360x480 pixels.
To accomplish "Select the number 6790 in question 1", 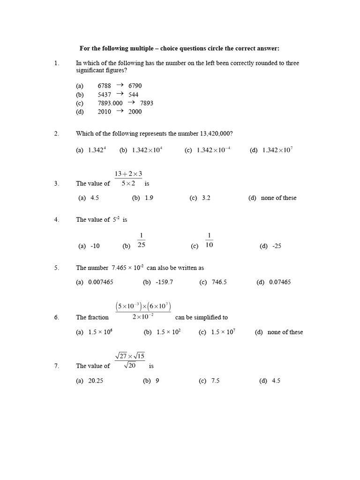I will point(135,86).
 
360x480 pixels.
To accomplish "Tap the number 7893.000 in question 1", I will point(110,103).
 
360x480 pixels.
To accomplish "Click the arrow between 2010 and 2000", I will point(120,111).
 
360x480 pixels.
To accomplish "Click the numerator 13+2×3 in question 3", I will point(128,174).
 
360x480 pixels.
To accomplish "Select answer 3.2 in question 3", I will point(206,198).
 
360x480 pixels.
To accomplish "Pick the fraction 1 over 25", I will point(141,240).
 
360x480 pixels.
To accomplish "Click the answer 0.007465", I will point(101,282).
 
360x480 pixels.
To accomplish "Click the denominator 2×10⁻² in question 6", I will point(143,317).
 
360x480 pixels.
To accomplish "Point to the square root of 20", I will point(130,366).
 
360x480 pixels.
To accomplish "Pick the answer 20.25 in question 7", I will point(96,381).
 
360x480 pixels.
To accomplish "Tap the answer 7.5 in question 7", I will point(216,381).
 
